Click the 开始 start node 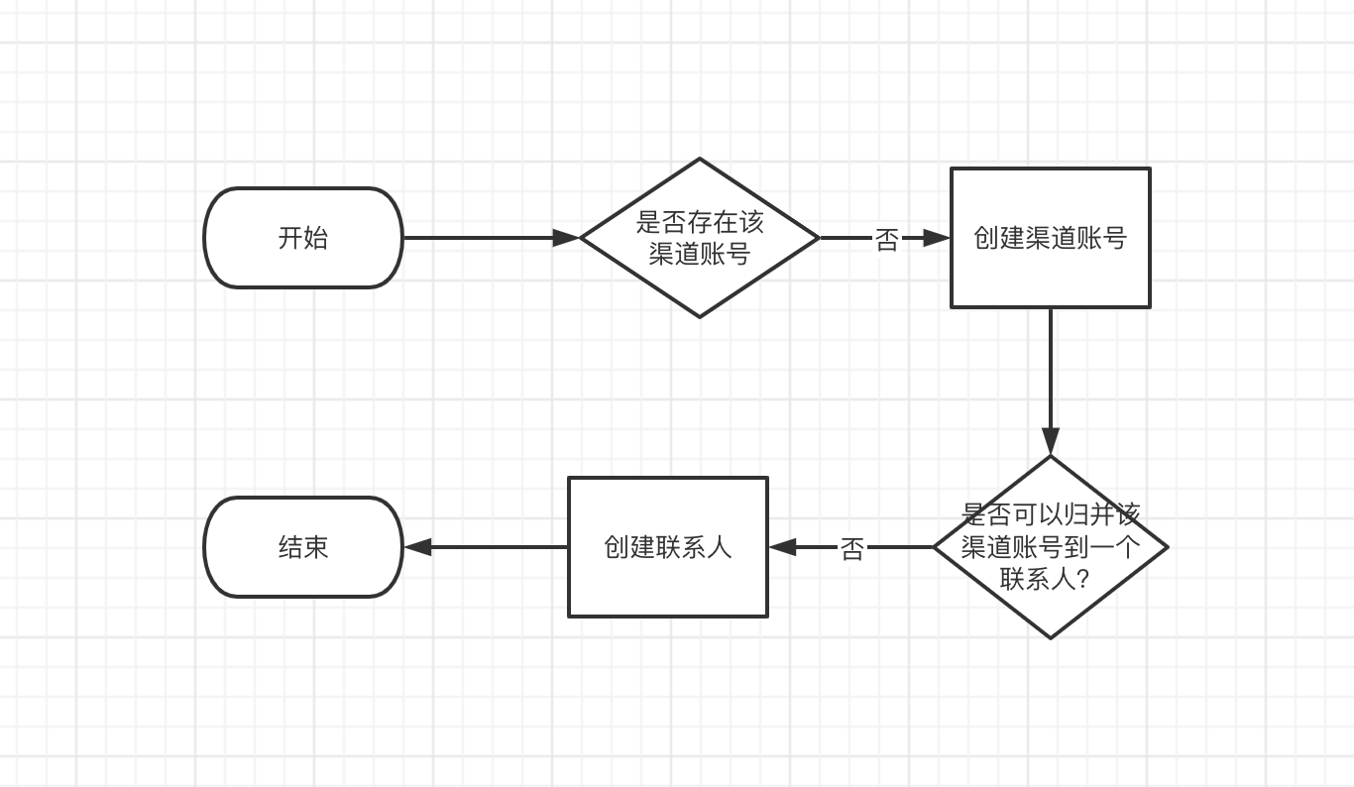pyautogui.click(x=303, y=238)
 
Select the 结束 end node pyautogui.click(x=303, y=547)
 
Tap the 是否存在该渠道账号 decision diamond pyautogui.click(x=700, y=238)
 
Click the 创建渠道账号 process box pyautogui.click(x=1050, y=238)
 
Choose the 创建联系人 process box pyautogui.click(x=667, y=547)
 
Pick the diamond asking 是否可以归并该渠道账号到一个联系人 pyautogui.click(x=1051, y=546)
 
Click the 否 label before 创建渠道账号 pyautogui.click(x=886, y=239)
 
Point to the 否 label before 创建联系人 pyautogui.click(x=852, y=548)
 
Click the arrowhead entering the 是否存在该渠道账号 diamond pyautogui.click(x=567, y=238)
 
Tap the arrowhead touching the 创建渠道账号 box pyautogui.click(x=938, y=238)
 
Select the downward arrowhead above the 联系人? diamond pyautogui.click(x=1051, y=442)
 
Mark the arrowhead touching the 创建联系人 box pyautogui.click(x=782, y=547)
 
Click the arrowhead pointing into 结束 pyautogui.click(x=417, y=547)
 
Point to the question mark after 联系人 pyautogui.click(x=1082, y=579)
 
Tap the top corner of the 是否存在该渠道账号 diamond pyautogui.click(x=700, y=160)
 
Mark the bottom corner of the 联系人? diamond pyautogui.click(x=1051, y=636)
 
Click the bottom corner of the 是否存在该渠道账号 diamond pyautogui.click(x=700, y=316)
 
